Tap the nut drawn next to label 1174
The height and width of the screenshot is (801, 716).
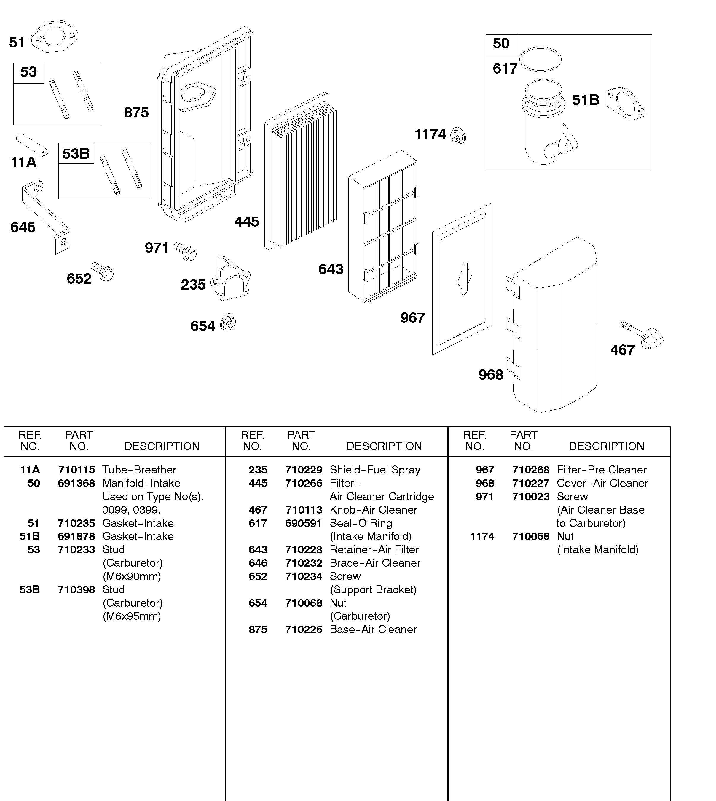click(x=458, y=135)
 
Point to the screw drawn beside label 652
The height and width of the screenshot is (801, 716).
click(x=103, y=271)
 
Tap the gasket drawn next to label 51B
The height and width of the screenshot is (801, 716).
click(x=626, y=104)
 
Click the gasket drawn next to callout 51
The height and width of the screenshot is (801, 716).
click(x=54, y=36)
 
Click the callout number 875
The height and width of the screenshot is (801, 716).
click(x=136, y=112)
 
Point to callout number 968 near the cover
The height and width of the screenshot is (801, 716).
click(x=491, y=375)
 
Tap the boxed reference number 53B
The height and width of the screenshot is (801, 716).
click(x=76, y=153)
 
